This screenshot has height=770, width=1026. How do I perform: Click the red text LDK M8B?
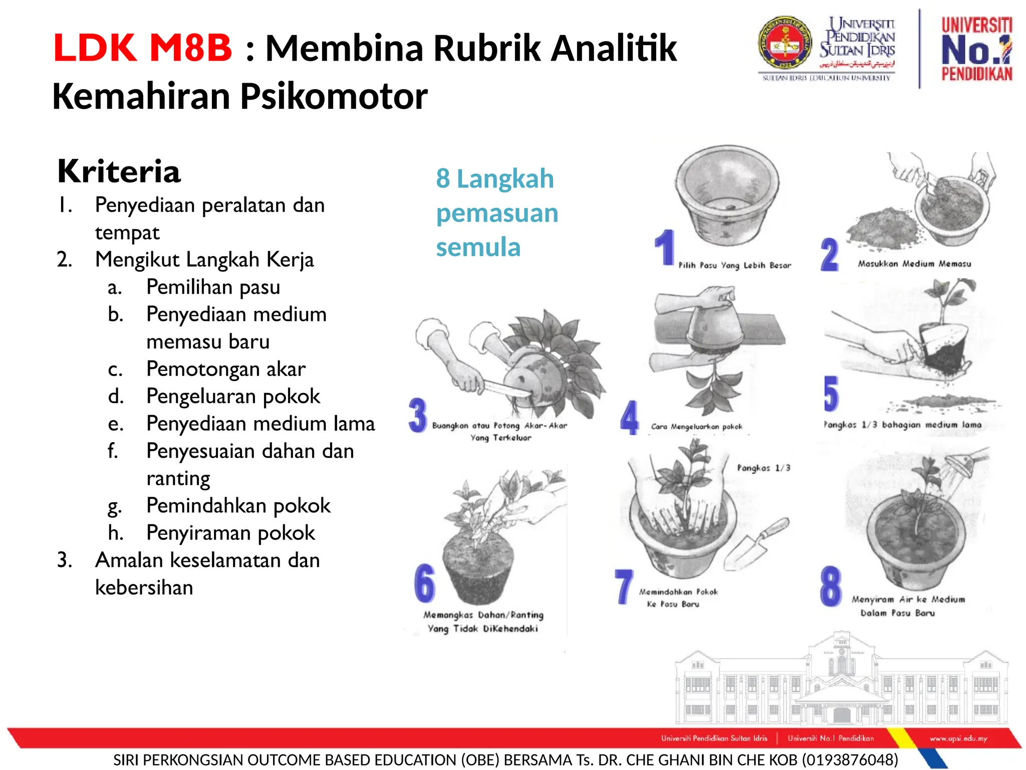pos(143,48)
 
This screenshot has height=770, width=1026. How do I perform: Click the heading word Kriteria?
pos(119,171)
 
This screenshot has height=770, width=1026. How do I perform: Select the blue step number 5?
pos(831,394)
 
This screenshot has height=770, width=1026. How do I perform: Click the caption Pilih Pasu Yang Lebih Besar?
pos(734,265)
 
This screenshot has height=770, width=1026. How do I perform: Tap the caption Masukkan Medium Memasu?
pos(914,264)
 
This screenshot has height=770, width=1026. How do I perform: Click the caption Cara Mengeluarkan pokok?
pos(696,427)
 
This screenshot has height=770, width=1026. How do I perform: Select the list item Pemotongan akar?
pos(225,369)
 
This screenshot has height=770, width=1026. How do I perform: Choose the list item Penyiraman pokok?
pos(230,533)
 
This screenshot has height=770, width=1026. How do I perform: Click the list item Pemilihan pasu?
pos(213,287)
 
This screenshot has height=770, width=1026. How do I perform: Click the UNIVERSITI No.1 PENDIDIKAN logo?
pos(976,49)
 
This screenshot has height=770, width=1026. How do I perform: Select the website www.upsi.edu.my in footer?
pos(958,738)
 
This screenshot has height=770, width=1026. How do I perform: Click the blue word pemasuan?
pos(497,213)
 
